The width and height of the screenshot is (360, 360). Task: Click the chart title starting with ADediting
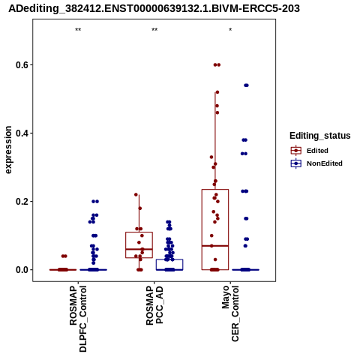tap(154, 8)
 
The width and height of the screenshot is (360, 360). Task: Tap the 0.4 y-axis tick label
tap(21, 133)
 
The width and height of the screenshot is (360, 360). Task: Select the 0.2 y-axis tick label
tap(21, 202)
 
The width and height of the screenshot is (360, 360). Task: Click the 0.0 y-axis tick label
tap(21, 270)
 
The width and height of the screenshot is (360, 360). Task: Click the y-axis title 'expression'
tap(8, 150)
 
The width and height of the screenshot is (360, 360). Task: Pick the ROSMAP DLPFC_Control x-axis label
tap(78, 319)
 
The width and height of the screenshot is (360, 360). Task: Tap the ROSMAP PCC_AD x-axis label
tap(154, 305)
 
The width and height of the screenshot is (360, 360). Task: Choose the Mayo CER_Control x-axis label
tap(230, 313)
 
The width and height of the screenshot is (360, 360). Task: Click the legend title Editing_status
tap(320, 136)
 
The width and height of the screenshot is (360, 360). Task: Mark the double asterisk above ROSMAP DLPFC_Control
tap(78, 30)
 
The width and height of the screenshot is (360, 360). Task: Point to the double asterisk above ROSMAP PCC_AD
tap(154, 30)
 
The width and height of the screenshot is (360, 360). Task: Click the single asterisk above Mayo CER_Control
tap(230, 29)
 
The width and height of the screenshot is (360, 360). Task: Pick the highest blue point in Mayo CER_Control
tap(246, 85)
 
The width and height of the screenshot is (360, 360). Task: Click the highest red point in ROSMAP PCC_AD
tap(136, 194)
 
